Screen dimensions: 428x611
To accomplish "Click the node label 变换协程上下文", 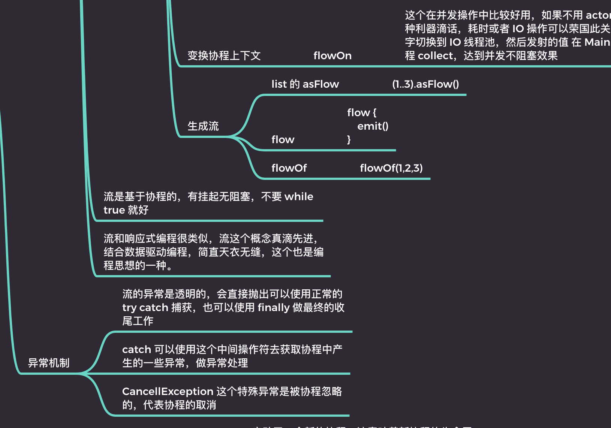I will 224,56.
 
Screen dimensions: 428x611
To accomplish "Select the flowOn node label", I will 332,56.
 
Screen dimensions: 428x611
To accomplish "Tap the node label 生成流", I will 203,126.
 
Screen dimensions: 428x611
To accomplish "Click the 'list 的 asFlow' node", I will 305,84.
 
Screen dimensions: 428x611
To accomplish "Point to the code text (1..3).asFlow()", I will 425,84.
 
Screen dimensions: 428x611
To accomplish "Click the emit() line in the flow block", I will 373,126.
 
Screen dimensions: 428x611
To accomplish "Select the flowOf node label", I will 289,168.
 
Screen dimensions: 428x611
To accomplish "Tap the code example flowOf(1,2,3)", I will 391,168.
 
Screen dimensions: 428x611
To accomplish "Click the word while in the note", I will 298,197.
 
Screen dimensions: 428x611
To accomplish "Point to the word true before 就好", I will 114,210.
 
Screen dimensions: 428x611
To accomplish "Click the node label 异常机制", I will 49,363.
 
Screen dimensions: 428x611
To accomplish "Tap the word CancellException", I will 168,392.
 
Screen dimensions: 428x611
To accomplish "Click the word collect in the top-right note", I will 435,56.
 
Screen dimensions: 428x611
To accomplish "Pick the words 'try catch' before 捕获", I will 145,308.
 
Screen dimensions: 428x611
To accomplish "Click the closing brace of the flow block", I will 349,140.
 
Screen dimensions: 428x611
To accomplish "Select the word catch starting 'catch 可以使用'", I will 136,350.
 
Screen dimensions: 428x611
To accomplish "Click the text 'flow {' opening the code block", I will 361,113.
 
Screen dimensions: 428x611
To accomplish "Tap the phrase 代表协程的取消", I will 180,405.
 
